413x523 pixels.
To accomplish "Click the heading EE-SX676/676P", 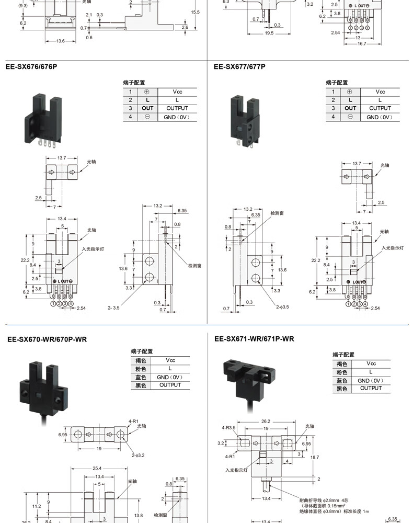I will (31, 66).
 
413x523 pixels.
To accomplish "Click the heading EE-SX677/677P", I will (239, 66).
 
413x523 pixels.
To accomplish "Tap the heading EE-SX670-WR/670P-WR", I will (47, 339).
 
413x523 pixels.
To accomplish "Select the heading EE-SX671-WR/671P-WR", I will (254, 339).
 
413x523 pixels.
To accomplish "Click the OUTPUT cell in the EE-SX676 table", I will (177, 108).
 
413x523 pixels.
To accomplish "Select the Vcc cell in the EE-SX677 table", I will (380, 92).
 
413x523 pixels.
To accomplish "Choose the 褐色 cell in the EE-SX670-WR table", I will (140, 360).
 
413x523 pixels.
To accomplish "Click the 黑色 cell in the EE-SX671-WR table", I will (342, 389).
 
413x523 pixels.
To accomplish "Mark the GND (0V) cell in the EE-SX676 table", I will (177, 117).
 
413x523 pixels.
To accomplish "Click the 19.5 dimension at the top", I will (269, 32).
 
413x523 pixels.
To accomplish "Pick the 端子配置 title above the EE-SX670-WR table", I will (142, 351).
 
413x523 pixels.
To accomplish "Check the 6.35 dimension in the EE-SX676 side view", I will (182, 210).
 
